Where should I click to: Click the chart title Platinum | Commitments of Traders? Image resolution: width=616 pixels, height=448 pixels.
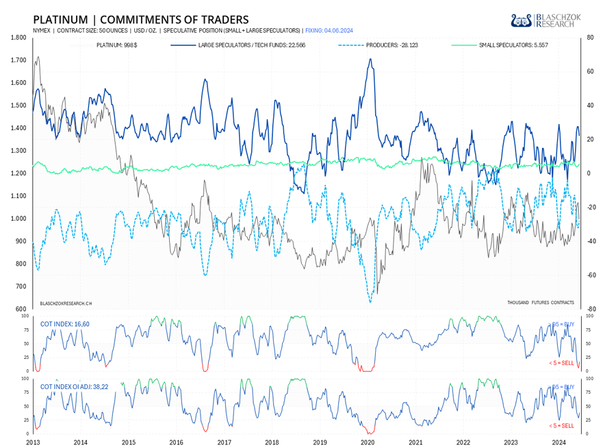[140, 19]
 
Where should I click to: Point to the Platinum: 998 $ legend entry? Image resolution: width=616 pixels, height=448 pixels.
[117, 46]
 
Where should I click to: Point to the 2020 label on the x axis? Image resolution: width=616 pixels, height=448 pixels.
[368, 443]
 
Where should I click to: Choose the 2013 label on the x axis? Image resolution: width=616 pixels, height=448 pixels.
[33, 443]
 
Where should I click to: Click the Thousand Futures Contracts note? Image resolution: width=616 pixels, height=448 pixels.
[540, 302]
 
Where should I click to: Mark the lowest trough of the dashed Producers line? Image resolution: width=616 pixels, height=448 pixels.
[370, 302]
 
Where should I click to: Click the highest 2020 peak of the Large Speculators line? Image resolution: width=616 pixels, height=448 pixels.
[370, 59]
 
